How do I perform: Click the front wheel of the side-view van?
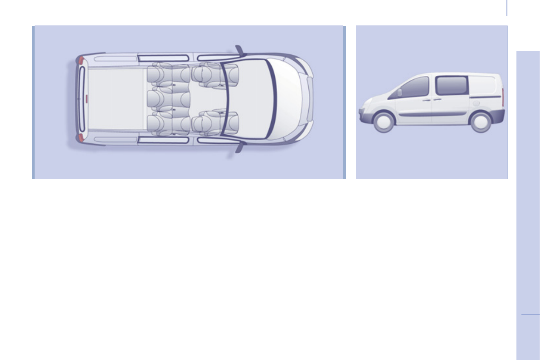384,122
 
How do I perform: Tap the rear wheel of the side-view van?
480,122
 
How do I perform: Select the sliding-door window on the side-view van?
452,86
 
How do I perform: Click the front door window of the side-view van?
414,88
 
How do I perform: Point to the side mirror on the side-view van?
399,92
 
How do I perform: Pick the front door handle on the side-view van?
426,100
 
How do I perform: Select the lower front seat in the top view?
213,122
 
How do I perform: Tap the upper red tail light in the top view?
81,60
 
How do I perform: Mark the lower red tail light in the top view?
81,137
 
